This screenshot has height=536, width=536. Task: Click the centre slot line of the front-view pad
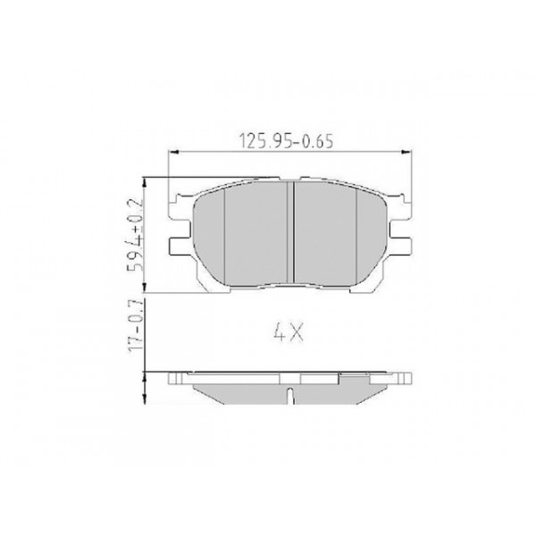click(293, 232)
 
